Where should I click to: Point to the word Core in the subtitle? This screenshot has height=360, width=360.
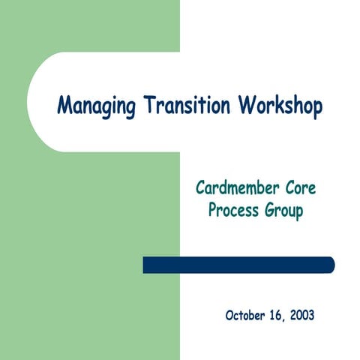point(304,187)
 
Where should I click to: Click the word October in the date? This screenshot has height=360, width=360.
point(247,315)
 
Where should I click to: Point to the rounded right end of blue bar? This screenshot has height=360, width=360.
point(330,265)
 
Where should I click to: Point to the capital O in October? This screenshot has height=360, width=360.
point(229,315)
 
